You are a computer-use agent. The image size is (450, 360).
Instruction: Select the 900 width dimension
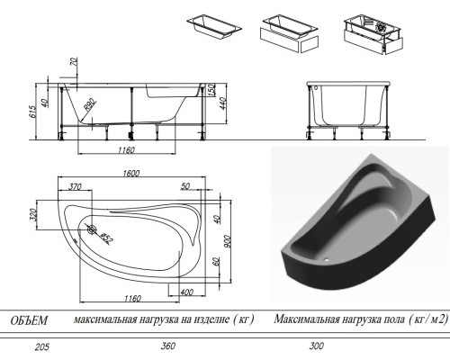click(229, 237)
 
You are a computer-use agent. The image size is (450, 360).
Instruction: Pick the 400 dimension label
click(186, 292)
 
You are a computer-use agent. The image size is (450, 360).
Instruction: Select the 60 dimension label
click(217, 263)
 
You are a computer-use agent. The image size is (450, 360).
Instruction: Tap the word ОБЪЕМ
click(29, 319)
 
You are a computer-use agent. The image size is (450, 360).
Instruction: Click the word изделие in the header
click(202, 319)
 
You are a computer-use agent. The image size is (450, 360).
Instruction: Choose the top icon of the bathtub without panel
click(214, 23)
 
